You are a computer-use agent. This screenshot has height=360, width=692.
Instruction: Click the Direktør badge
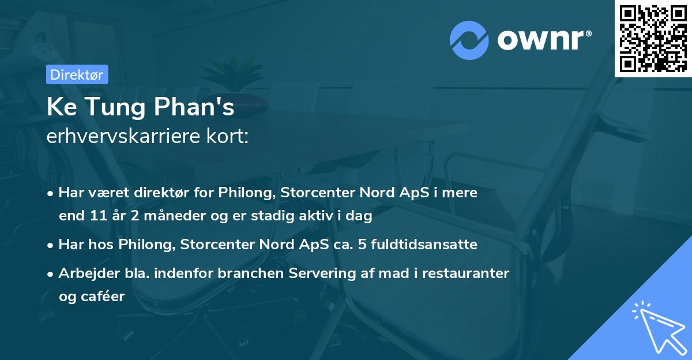[x=76, y=74]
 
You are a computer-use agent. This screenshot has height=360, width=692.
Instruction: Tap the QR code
[x=653, y=39]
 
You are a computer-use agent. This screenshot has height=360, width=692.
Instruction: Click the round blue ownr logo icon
[x=470, y=40]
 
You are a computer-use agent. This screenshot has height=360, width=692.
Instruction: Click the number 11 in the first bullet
[x=96, y=216]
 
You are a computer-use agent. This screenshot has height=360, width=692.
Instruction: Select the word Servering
[x=343, y=273]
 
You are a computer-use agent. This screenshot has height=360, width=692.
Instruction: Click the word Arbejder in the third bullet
[x=84, y=273]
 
